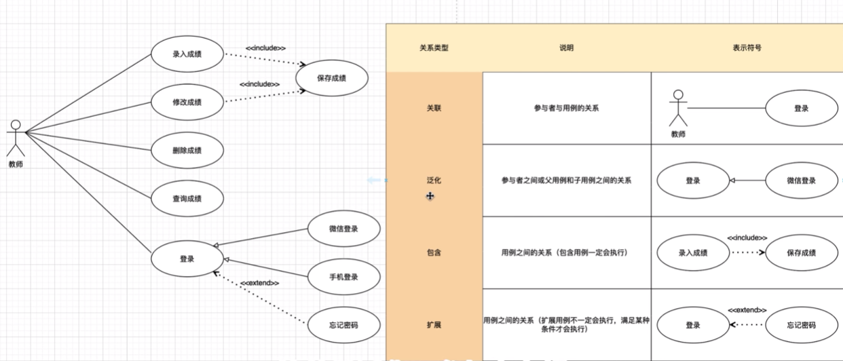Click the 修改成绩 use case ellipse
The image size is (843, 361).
point(187,103)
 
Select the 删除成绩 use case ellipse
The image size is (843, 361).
point(187,151)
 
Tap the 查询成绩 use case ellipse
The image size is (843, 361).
point(187,198)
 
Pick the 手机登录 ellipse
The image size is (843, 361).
point(342,277)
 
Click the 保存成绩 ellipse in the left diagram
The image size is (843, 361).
point(332,78)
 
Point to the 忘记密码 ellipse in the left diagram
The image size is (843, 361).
point(342,325)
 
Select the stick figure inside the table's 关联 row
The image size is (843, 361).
point(677,108)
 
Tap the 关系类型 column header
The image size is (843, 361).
point(434,48)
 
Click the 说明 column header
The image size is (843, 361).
point(566,48)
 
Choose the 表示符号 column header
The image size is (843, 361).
point(747,48)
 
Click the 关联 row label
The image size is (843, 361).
point(434,108)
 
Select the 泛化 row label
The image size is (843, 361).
point(434,180)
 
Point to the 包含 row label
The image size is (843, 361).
point(434,253)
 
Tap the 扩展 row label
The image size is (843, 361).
point(434,325)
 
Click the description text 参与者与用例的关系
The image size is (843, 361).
point(566,108)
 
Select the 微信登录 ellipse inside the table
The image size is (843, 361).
point(802,180)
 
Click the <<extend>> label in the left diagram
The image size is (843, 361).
point(260,282)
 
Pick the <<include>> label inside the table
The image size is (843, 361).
point(747,238)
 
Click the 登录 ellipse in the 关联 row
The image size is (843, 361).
point(802,108)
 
